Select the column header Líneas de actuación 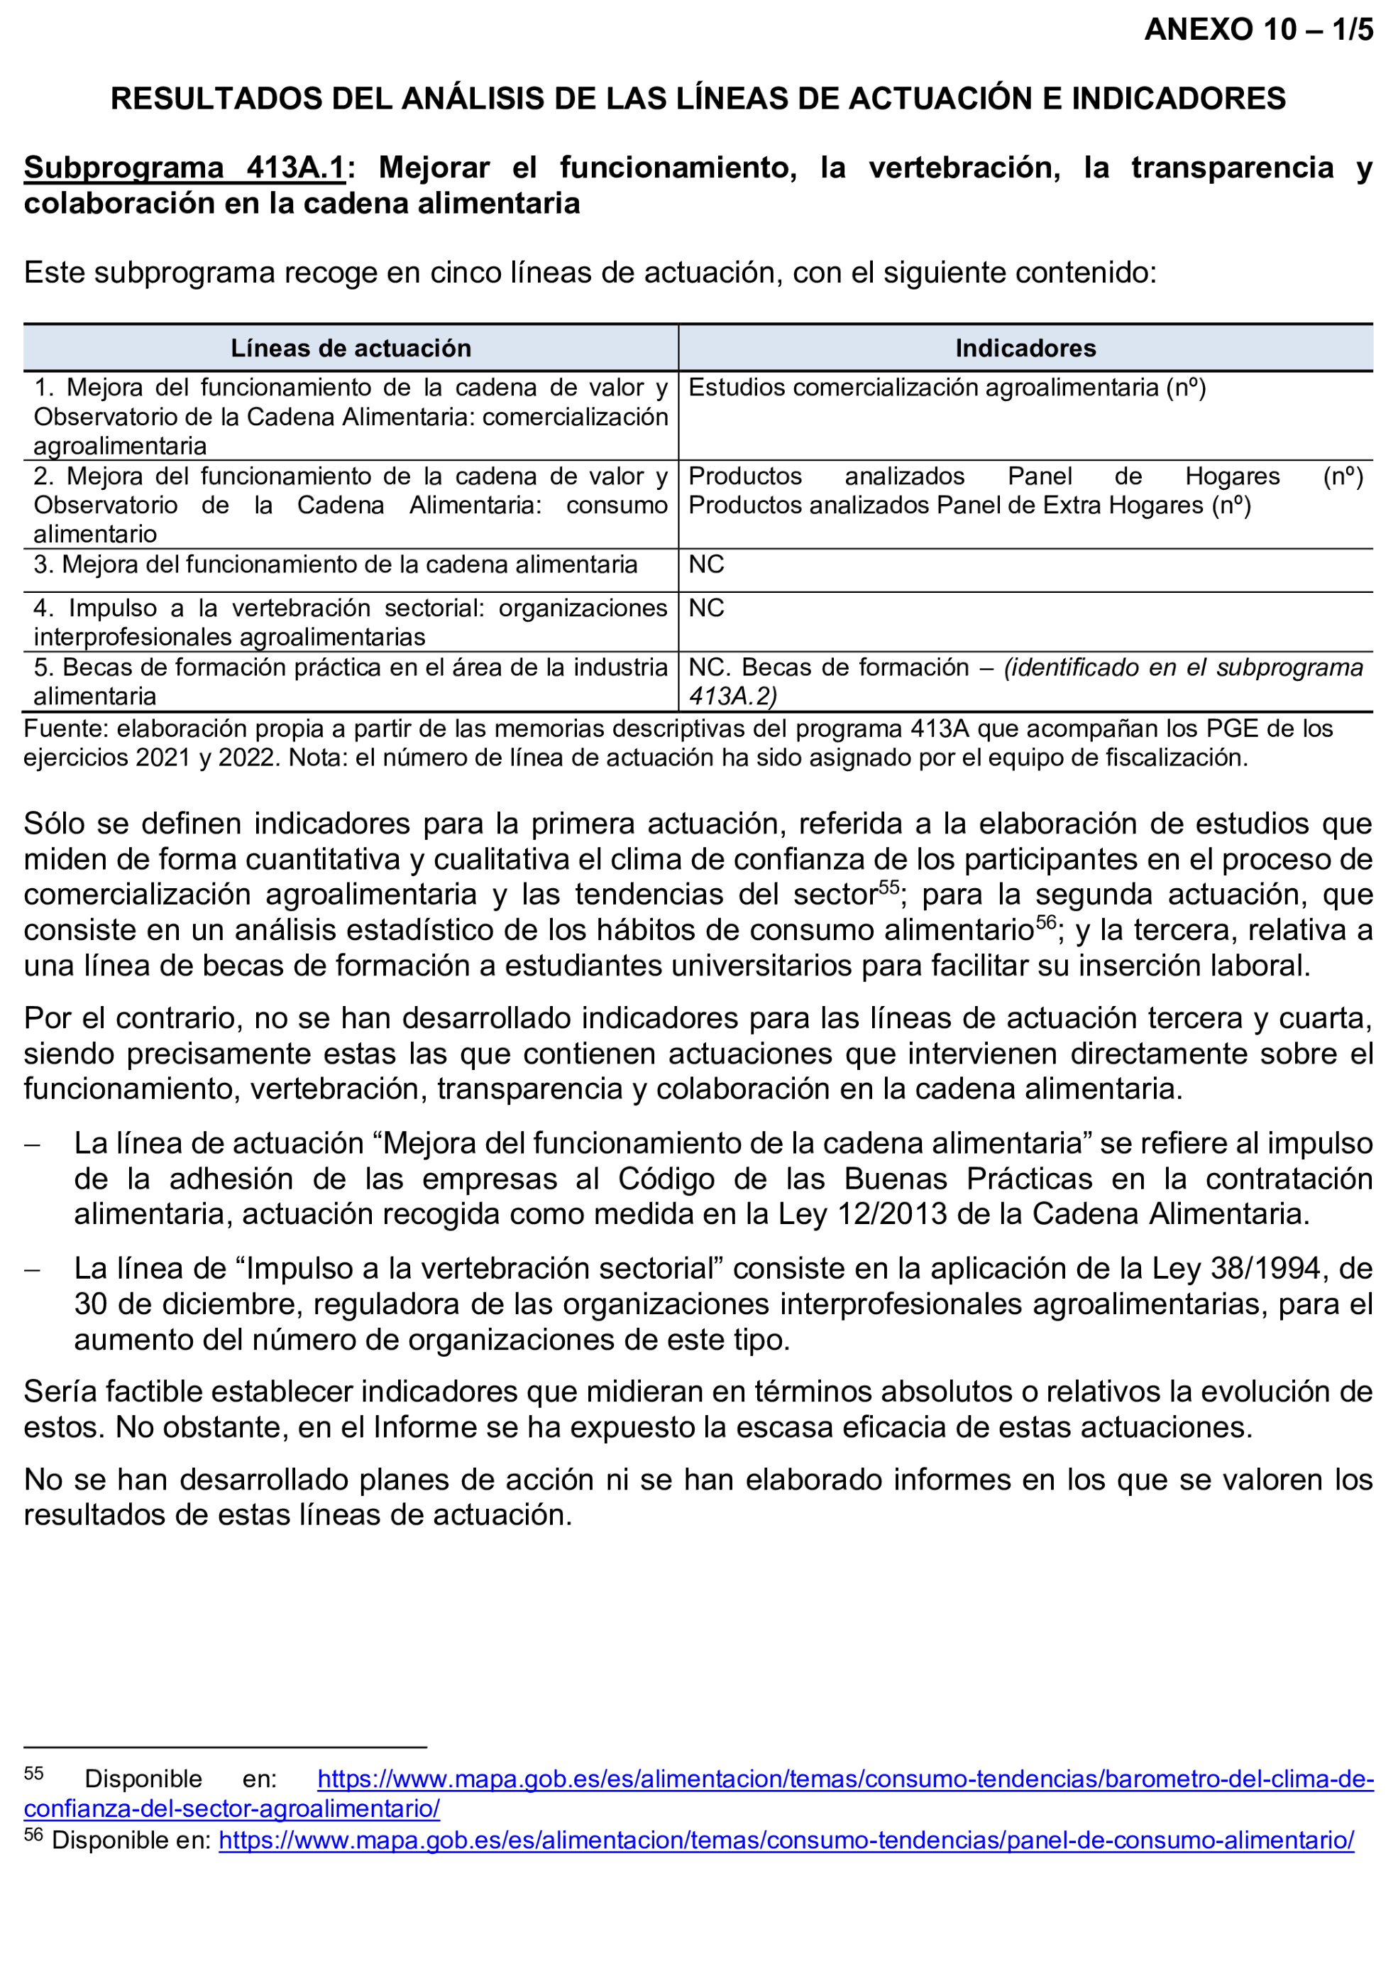351,349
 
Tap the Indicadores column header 1025,349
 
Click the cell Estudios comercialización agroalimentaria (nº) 946,388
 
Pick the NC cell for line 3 706,565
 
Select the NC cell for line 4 706,608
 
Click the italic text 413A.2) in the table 732,697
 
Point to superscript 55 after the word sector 888,887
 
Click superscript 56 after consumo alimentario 1045,922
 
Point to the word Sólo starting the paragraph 53,824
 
